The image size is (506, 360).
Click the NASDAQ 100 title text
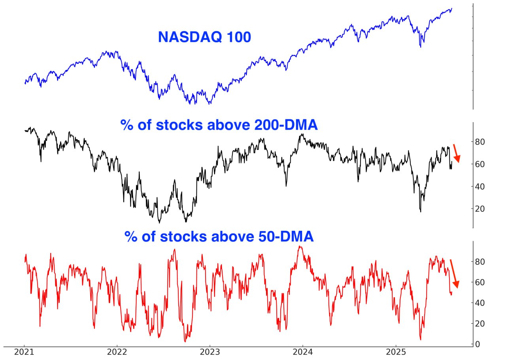click(204, 37)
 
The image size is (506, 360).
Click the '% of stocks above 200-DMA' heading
click(219, 125)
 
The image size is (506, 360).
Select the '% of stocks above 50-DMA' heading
click(219, 236)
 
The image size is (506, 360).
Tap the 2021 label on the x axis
click(24, 352)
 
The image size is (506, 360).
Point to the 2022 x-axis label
click(117, 352)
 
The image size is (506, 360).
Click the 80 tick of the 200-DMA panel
click(484, 141)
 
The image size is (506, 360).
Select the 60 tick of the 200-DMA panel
click(484, 164)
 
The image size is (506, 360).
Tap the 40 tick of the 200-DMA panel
click(484, 186)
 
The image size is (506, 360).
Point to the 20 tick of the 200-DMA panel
click(484, 209)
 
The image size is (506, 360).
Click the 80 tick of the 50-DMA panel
click(484, 262)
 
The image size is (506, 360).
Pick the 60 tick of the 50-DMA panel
click(484, 282)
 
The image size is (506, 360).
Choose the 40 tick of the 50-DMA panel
click(484, 303)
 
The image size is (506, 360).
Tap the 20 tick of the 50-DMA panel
click(484, 324)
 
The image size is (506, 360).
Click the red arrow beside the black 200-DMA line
click(456, 154)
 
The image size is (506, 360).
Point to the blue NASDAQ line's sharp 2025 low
click(420, 47)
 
